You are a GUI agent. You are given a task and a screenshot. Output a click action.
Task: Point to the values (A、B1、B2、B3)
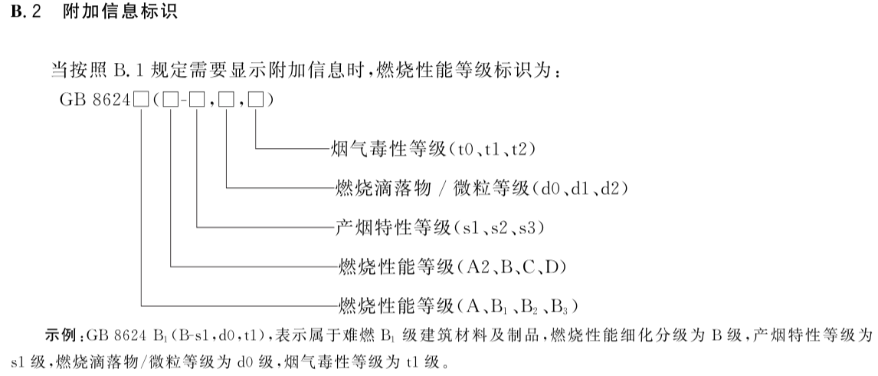coord(516,307)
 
